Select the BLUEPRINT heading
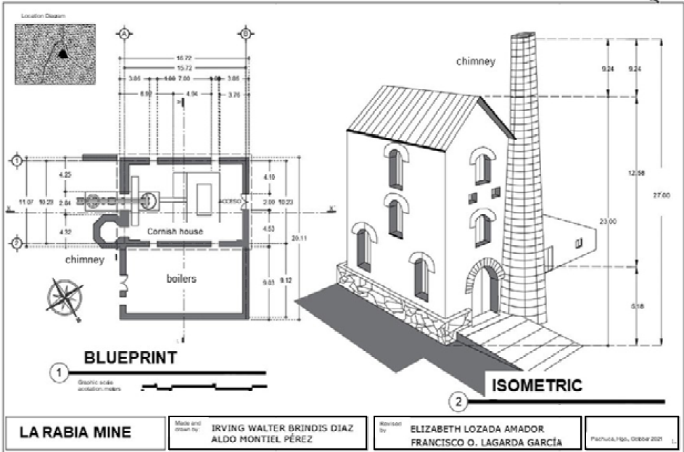point(131,358)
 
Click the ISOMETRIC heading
point(536,386)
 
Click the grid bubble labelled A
point(125,33)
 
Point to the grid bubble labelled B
point(245,33)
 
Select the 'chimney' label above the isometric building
point(475,62)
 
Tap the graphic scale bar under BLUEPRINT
point(202,386)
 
